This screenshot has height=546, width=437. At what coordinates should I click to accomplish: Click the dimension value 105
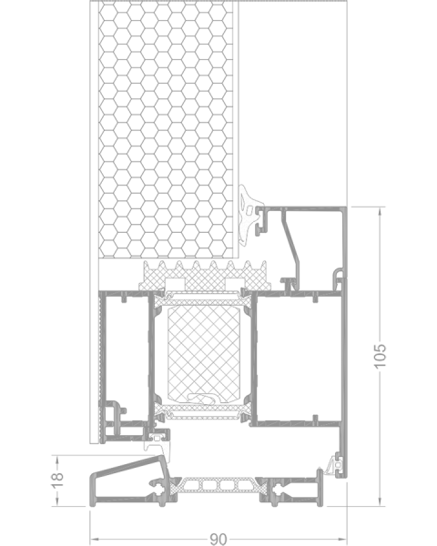click(380, 356)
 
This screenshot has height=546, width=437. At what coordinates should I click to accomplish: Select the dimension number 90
click(218, 539)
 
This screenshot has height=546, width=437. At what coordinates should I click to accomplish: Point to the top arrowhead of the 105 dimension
click(380, 211)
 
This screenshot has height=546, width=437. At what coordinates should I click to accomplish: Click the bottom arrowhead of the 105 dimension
click(380, 501)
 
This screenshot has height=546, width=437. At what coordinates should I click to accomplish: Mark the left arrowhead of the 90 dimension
click(95, 540)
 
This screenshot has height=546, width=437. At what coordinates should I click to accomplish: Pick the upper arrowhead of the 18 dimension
click(56, 460)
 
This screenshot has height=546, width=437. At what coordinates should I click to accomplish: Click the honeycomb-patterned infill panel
click(166, 130)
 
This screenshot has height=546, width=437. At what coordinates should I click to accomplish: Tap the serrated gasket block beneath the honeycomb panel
click(205, 276)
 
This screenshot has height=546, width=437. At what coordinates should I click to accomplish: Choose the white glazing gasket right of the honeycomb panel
click(249, 213)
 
